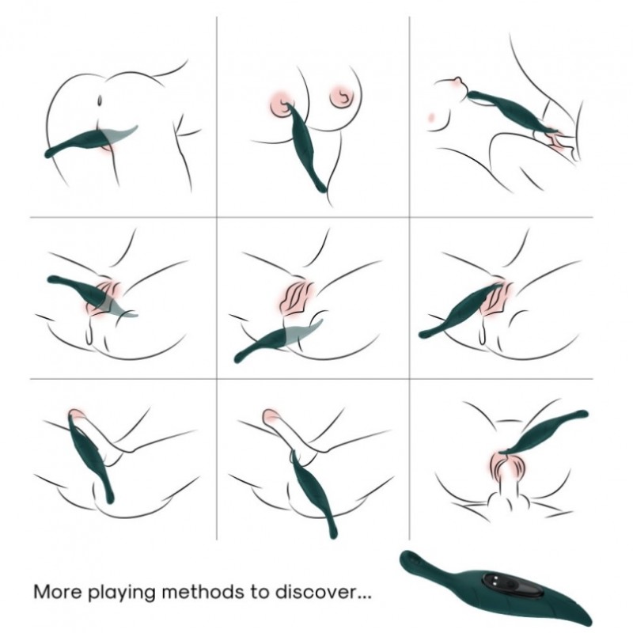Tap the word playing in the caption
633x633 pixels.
pyautogui.click(x=122, y=593)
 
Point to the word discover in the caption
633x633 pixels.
pyautogui.click(x=317, y=592)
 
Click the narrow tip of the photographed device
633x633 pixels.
pyautogui.click(x=407, y=558)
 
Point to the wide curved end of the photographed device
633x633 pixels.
pyautogui.click(x=578, y=614)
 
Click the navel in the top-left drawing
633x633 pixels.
pyautogui.click(x=100, y=100)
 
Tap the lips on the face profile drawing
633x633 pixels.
pyautogui.click(x=458, y=81)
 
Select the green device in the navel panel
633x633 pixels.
pyautogui.click(x=91, y=141)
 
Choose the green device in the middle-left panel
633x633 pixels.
pyautogui.click(x=92, y=294)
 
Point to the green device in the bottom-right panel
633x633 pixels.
pyautogui.click(x=544, y=432)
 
